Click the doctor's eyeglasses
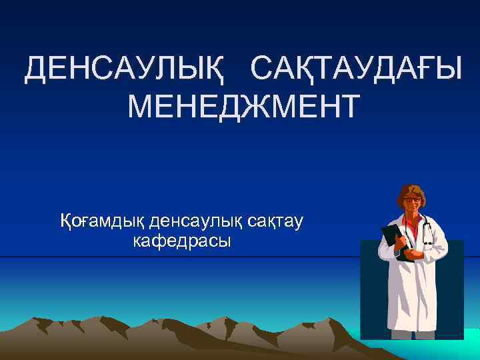click(411, 199)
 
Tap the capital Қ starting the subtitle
click(67, 219)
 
